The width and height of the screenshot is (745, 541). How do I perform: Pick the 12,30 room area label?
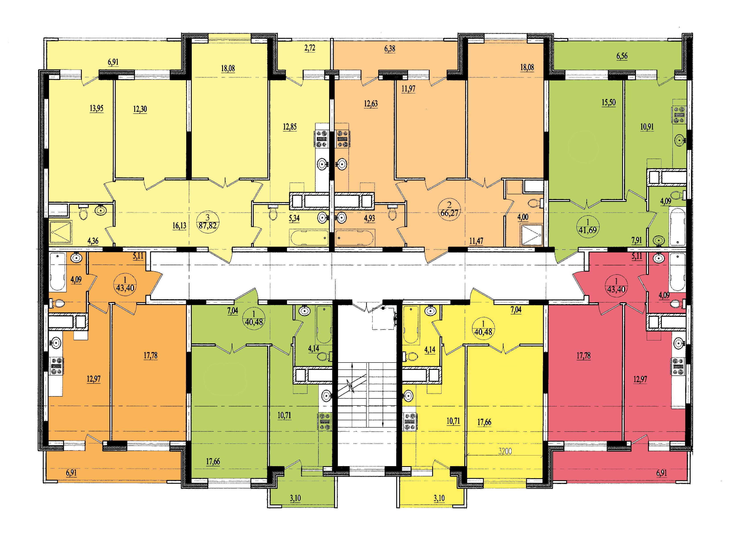[x=140, y=109]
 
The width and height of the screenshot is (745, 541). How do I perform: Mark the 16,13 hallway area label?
[x=179, y=225]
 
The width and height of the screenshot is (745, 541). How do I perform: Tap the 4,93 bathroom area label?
[x=369, y=218]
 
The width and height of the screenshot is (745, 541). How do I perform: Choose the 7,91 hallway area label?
[x=634, y=241]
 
